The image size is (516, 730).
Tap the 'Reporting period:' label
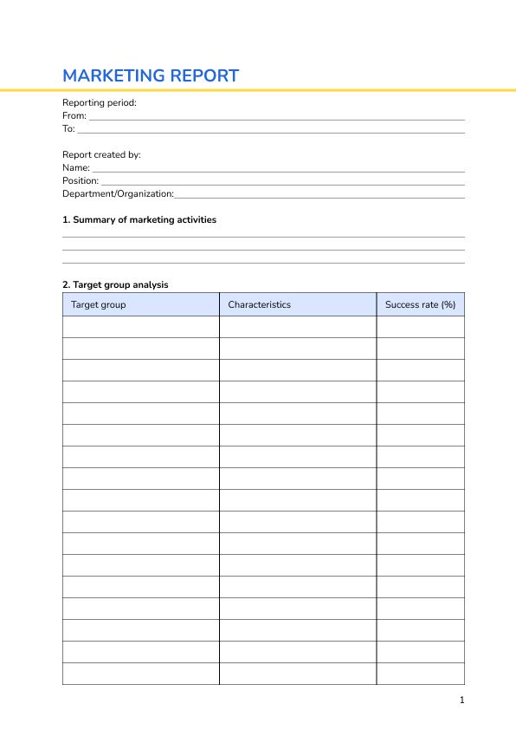click(x=100, y=102)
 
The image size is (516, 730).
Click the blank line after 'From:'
click(x=277, y=117)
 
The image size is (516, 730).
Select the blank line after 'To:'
click(x=271, y=130)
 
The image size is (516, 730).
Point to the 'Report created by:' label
click(x=101, y=154)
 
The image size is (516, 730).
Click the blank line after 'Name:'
click(x=278, y=169)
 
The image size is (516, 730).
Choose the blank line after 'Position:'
click(x=283, y=182)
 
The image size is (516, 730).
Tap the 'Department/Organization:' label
click(x=118, y=193)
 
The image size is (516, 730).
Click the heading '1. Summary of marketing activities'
click(x=139, y=219)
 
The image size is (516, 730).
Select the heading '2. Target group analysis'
click(x=115, y=284)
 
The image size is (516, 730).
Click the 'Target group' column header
click(x=98, y=304)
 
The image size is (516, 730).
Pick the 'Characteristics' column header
click(x=259, y=304)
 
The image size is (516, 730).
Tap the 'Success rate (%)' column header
click(x=420, y=304)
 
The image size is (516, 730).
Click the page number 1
click(x=461, y=700)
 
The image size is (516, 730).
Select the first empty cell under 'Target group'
click(x=140, y=327)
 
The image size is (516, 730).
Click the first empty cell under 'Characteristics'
click(x=297, y=327)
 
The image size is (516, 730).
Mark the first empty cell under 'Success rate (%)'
click(x=420, y=327)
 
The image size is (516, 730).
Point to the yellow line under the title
click(x=258, y=89)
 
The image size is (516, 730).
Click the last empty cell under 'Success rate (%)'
click(x=420, y=674)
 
